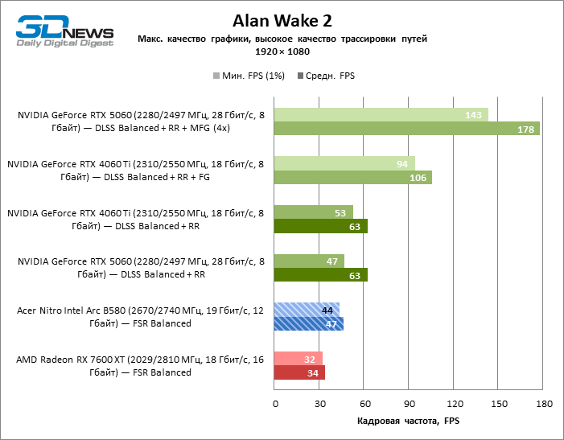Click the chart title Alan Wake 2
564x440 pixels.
[282, 20]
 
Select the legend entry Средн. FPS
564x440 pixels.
[326, 76]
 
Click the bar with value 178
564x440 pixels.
[407, 129]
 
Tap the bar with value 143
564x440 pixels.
[381, 115]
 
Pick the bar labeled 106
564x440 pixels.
[353, 178]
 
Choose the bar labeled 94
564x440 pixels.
[344, 163]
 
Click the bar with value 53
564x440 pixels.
[314, 212]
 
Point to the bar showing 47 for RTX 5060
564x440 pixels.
[310, 261]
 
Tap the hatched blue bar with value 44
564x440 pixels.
[307, 310]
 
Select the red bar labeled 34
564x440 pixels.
[299, 372]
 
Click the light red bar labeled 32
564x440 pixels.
[298, 358]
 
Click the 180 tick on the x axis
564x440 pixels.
[543, 404]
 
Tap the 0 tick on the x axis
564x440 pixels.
[274, 404]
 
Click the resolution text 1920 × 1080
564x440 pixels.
[282, 51]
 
